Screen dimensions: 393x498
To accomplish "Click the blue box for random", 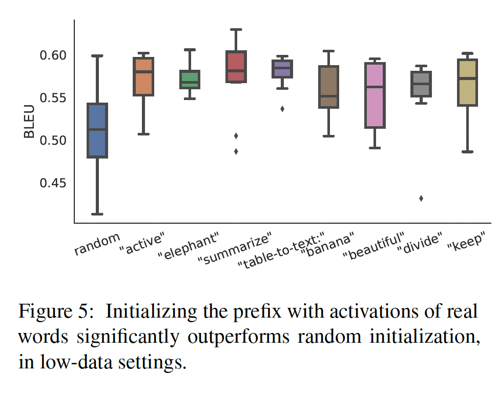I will [x=97, y=131].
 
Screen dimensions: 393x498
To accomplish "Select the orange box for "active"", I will [x=143, y=76].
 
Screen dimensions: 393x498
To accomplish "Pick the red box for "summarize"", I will [x=236, y=67].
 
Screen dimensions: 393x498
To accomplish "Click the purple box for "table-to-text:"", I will [x=282, y=69].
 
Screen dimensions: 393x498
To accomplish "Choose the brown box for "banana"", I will [x=328, y=87].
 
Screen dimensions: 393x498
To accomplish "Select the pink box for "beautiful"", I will [x=375, y=95].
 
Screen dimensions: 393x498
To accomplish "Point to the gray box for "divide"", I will [x=421, y=84].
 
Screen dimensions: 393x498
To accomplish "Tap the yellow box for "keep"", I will [x=467, y=83].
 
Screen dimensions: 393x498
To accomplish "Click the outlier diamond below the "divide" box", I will [x=421, y=199].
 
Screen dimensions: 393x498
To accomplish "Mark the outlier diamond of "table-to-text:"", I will [x=282, y=109].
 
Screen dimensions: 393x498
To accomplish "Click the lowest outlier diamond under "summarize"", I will [x=236, y=151].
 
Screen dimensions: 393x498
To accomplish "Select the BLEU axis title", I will [x=29, y=122].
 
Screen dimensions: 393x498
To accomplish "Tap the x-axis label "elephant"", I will [x=189, y=246].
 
